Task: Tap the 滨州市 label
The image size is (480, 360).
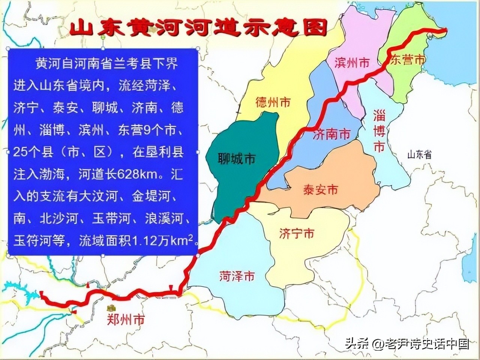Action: [352, 63]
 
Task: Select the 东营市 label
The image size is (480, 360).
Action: [408, 60]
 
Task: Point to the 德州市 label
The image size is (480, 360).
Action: [273, 102]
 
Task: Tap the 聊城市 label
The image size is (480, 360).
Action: [237, 159]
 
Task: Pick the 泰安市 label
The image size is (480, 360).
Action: [320, 190]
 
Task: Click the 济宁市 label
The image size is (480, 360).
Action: [297, 234]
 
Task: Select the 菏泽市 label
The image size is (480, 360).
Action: [237, 277]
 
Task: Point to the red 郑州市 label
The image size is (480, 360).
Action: [126, 320]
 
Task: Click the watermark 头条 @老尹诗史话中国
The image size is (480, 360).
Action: [407, 343]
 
